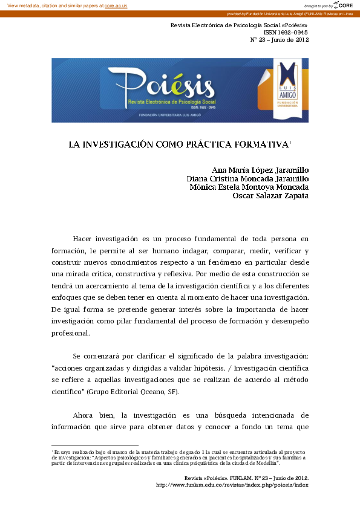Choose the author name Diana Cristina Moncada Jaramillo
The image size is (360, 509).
coord(248,178)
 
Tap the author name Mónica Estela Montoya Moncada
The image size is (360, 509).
coord(249,187)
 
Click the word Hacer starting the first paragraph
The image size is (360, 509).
coord(83,239)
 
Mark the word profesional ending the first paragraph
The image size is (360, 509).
coord(71,333)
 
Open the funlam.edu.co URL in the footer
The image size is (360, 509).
coord(232,485)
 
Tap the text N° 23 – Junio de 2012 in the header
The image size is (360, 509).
coord(280,41)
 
